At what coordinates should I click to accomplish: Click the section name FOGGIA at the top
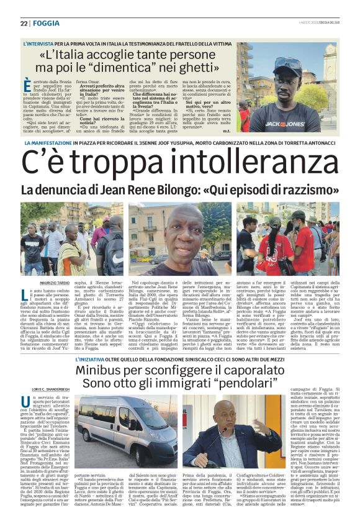coord(47,23)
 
